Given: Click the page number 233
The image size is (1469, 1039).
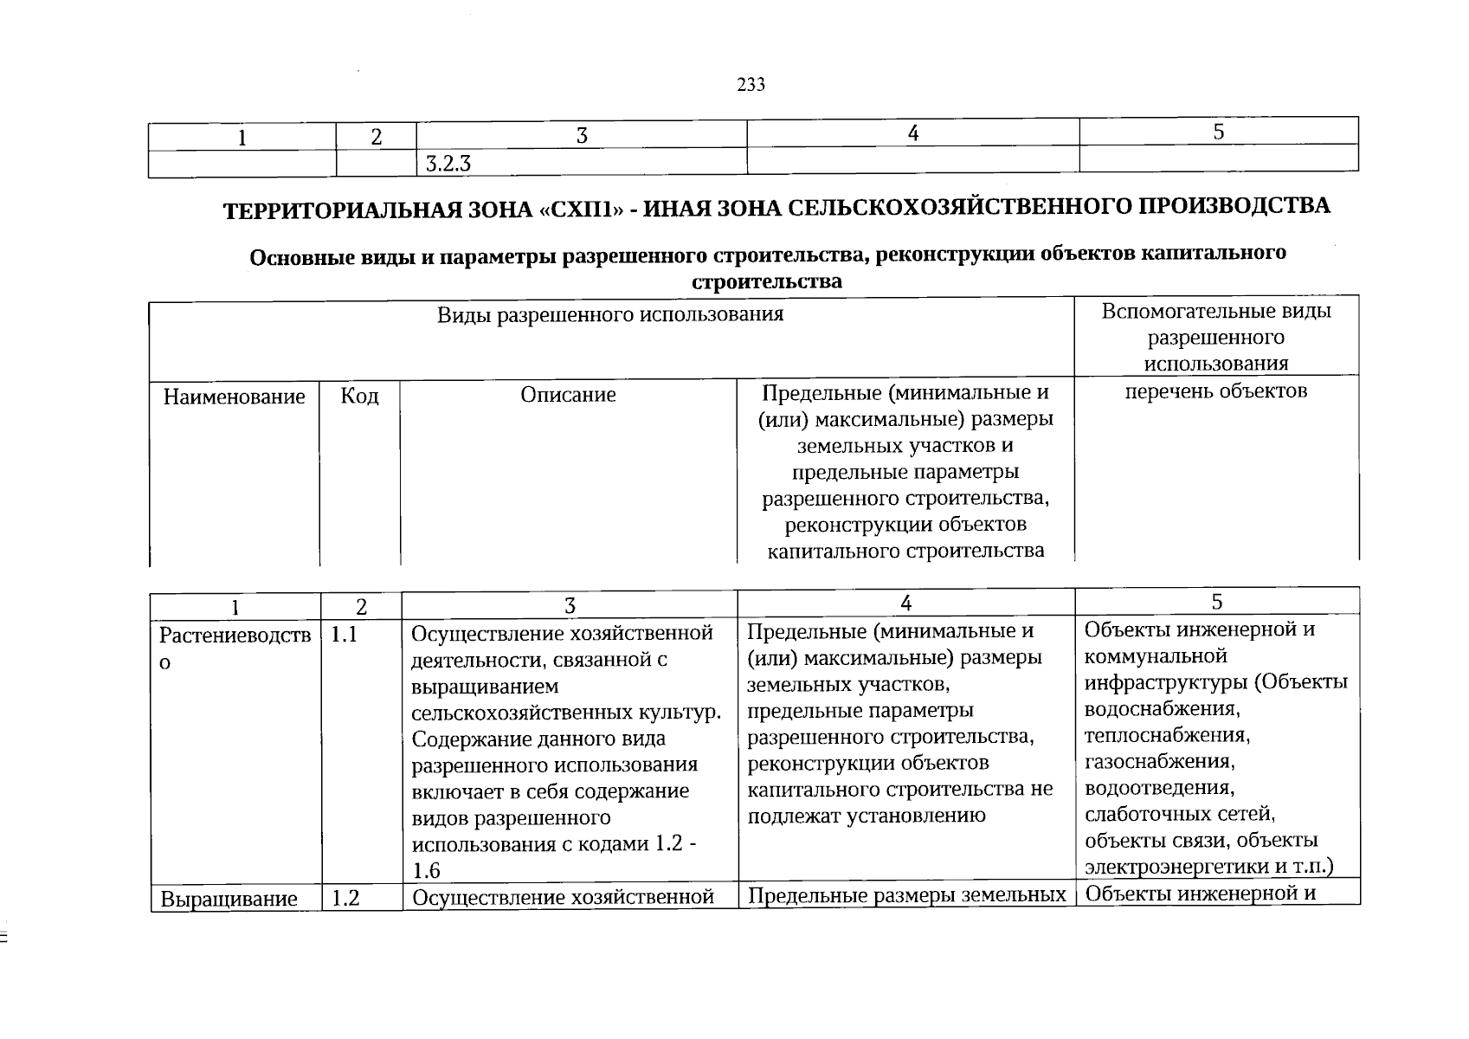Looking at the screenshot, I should pos(751,85).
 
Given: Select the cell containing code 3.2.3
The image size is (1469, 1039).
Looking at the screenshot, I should pos(448,163).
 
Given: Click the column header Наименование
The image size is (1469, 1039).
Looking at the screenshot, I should pos(234,397).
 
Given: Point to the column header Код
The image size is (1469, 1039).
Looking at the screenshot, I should pos(359,397).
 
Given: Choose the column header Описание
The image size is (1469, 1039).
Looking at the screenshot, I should pos(568,396).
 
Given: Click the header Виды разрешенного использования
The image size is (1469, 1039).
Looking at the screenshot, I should pos(609,314).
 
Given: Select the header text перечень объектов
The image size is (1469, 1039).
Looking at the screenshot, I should pos(1215,391).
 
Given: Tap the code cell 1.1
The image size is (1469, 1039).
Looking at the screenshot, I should pos(344,635).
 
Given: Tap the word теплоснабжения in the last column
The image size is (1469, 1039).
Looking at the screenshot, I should pos(1166,736).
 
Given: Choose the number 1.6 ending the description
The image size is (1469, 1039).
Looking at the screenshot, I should pos(427,871).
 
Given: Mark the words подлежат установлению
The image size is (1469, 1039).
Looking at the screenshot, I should pos(866,815).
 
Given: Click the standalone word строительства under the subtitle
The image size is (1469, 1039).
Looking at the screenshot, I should pos(767,281).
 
